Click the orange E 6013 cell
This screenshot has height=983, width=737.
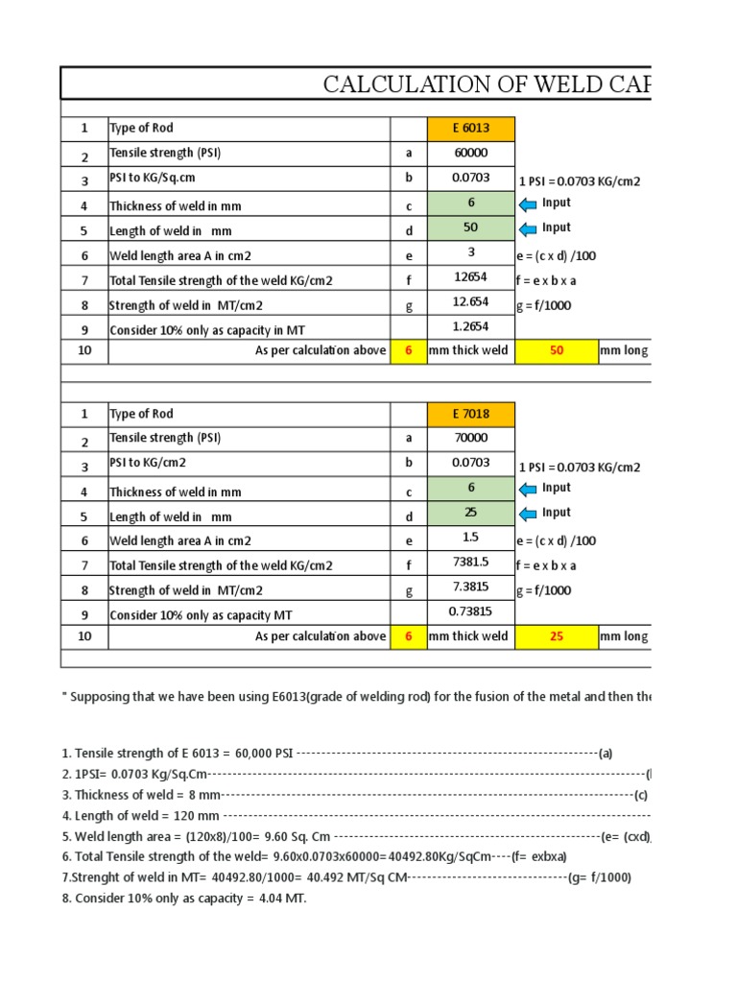tap(471, 129)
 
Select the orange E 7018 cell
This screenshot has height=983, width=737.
tap(471, 415)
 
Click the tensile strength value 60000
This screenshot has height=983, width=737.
tap(471, 153)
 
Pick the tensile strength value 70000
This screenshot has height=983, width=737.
tap(471, 439)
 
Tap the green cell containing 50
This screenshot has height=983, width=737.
tap(471, 228)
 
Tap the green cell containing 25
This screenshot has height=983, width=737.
tap(471, 513)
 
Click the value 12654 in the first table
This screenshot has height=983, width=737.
tap(471, 277)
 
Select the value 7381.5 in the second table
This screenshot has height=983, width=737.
tap(471, 563)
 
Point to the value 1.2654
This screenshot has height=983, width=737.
tap(471, 327)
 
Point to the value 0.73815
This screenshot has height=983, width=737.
tap(471, 612)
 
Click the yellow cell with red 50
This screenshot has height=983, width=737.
tap(556, 351)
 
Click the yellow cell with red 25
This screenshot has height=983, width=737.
tap(556, 636)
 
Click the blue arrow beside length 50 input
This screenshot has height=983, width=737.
tap(527, 228)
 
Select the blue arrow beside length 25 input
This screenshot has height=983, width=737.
tap(527, 514)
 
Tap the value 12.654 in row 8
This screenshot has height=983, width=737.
tap(471, 302)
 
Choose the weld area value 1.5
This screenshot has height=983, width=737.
tap(471, 539)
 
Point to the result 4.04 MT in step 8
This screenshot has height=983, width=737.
tap(280, 899)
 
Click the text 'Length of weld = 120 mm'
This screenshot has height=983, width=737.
tap(140, 816)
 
